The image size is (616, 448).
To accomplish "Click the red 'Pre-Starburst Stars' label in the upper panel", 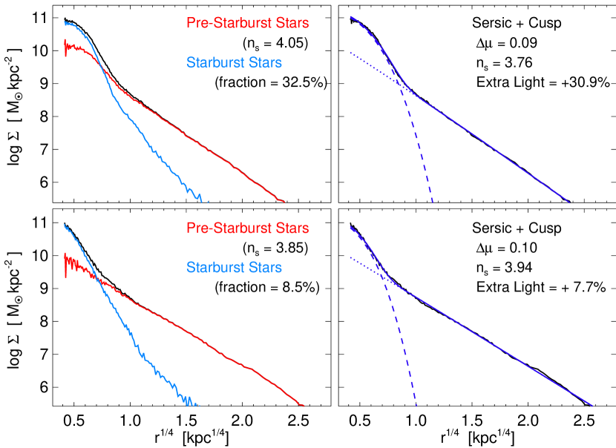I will pyautogui.click(x=247, y=24).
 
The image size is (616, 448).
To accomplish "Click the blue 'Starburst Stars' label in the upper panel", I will pyautogui.click(x=234, y=63).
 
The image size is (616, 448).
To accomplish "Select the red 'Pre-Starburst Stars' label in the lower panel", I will pyautogui.click(x=247, y=228).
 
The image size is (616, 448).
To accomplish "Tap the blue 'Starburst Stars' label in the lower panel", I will pyautogui.click(x=234, y=267).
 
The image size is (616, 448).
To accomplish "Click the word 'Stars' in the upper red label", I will pyautogui.click(x=292, y=24).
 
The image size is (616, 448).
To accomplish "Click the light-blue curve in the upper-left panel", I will pyautogui.click(x=148, y=145).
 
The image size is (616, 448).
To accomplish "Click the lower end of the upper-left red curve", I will pyautogui.click(x=284, y=201).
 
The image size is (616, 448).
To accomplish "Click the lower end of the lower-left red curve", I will pyautogui.click(x=303, y=405).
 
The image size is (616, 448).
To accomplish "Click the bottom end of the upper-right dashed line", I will pyautogui.click(x=432, y=202).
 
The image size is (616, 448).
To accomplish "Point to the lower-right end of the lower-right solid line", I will pyautogui.click(x=592, y=405).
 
